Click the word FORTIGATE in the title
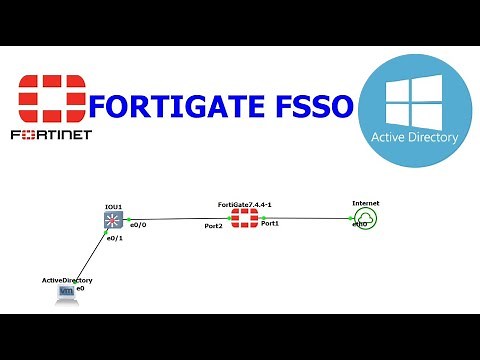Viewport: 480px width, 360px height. pyautogui.click(x=179, y=104)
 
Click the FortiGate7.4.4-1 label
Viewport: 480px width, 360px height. pyautogui.click(x=246, y=205)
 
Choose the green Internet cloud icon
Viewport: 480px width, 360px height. pyautogui.click(x=366, y=219)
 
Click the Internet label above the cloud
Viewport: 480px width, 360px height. pyautogui.click(x=366, y=203)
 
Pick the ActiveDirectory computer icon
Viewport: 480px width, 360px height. pyautogui.click(x=67, y=293)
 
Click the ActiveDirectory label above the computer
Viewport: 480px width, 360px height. pyautogui.click(x=67, y=281)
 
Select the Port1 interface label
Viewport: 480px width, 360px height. pyautogui.click(x=270, y=225)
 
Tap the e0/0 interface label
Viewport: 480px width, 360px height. pyautogui.click(x=140, y=225)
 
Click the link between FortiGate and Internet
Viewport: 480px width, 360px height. pyautogui.click(x=305, y=219)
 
